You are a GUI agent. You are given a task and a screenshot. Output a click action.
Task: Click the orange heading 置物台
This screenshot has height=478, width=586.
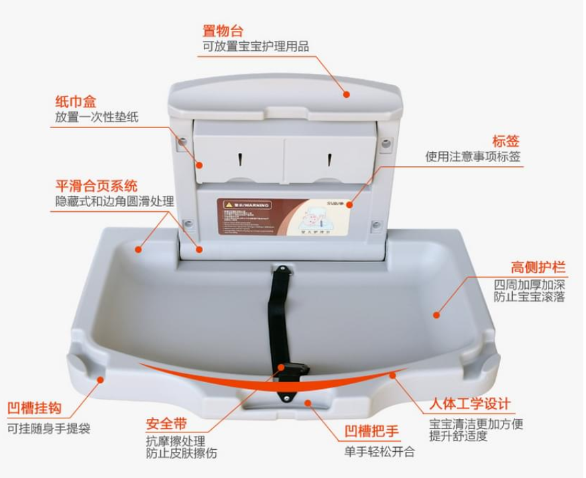click(x=223, y=32)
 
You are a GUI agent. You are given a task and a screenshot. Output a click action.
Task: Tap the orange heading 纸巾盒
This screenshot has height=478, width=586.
click(x=75, y=102)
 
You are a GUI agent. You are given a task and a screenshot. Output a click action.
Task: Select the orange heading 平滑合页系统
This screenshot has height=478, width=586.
click(x=97, y=186)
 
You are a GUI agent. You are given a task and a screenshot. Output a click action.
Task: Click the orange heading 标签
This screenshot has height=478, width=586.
click(x=506, y=141)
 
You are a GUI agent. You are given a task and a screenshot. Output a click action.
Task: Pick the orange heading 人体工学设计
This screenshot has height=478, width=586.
click(x=470, y=405)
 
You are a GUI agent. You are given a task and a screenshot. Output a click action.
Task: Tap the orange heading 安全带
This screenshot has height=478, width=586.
click(x=166, y=424)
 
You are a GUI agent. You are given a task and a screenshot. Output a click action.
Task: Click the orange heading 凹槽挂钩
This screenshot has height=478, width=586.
click(x=34, y=408)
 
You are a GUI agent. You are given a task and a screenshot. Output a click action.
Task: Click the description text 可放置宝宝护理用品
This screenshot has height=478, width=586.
click(x=256, y=47)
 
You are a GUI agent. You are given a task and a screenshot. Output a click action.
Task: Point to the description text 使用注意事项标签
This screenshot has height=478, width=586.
click(x=473, y=157)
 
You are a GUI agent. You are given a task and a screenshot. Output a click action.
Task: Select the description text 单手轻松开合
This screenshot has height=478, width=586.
click(x=379, y=451)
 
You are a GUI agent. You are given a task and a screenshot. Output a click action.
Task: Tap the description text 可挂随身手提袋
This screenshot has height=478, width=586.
click(x=48, y=428)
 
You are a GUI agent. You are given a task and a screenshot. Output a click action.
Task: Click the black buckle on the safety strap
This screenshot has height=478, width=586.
click(x=294, y=369)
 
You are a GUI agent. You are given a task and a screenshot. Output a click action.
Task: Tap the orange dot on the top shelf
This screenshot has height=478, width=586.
click(x=347, y=95)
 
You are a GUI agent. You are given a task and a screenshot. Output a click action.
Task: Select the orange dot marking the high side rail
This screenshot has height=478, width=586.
click(x=436, y=314)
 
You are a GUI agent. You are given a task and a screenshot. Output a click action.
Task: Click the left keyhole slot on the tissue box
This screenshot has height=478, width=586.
click(x=240, y=159)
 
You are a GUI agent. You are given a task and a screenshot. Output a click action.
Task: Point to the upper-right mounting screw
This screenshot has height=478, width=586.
click(x=386, y=143)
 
